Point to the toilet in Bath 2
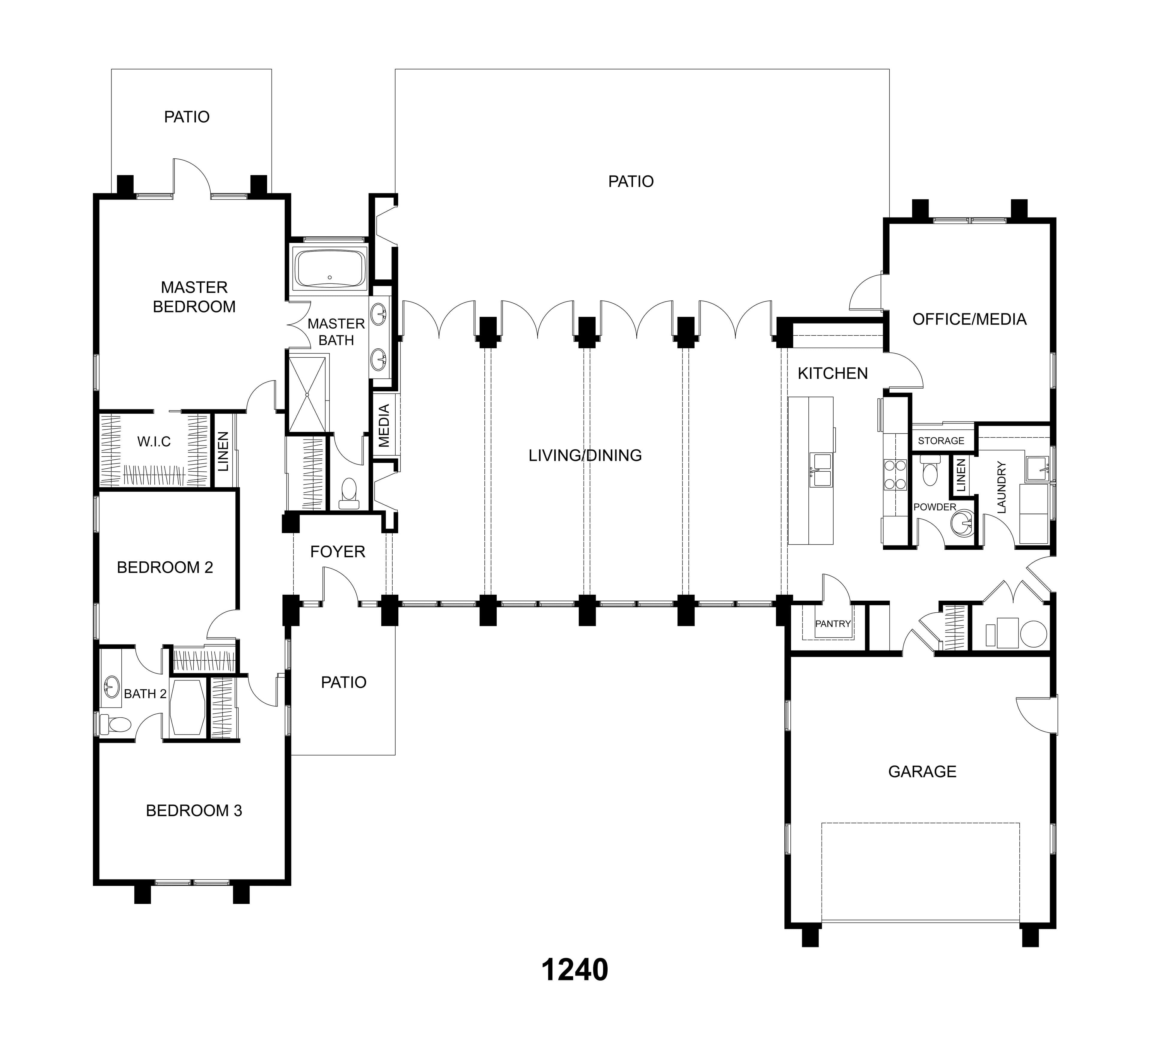(x=116, y=725)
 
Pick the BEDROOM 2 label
(x=165, y=567)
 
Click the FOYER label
(x=338, y=551)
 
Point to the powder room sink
(x=962, y=522)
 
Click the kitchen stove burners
(x=895, y=474)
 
